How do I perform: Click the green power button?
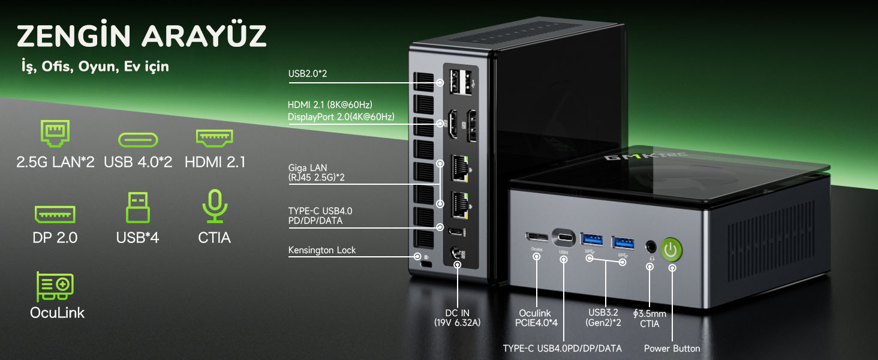671,249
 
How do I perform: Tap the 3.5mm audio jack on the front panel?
651,247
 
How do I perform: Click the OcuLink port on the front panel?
537,236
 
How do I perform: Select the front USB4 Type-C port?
564,237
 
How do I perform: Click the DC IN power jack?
456,253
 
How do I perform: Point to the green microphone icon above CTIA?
215,206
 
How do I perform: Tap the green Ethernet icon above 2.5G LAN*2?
55,133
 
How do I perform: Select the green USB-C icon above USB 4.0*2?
138,140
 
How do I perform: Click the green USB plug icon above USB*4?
137,207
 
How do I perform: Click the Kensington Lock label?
322,250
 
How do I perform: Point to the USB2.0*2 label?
307,74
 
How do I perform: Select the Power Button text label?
672,348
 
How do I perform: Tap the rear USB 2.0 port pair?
461,82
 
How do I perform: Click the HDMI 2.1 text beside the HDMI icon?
215,162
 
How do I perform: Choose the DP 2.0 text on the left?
55,238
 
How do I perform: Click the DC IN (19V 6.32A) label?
457,317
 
